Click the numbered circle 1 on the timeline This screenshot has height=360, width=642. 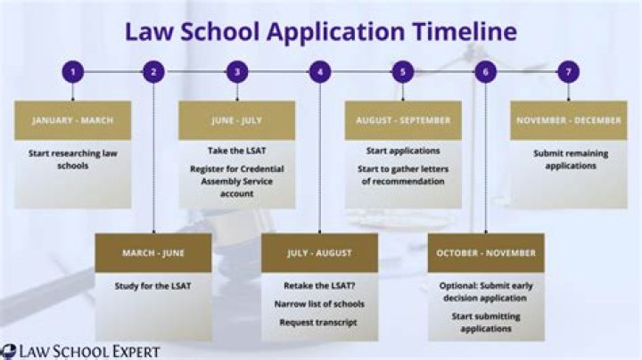point(73,72)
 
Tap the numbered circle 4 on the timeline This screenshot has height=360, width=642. point(320,72)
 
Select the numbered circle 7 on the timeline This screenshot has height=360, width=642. point(568,72)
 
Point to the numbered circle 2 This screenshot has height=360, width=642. point(153,72)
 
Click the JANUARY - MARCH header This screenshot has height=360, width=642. point(73,120)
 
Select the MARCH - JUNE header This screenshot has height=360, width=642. point(153,253)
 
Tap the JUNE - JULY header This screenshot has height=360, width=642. point(236,120)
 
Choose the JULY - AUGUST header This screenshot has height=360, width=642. point(319,253)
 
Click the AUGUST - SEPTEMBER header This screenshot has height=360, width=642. point(403,120)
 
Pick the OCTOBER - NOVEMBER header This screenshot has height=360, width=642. point(486,253)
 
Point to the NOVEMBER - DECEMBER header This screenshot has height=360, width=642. point(569,120)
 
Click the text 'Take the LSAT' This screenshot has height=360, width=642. point(236,151)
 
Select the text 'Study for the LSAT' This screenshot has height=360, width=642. point(152,286)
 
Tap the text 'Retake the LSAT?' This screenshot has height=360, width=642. point(319,285)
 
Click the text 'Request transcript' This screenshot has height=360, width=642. point(318,323)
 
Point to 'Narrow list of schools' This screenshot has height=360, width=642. point(319,304)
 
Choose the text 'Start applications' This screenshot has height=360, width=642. point(403,151)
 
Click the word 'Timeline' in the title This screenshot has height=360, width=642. point(465,31)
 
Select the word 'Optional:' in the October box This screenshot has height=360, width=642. point(458,286)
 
